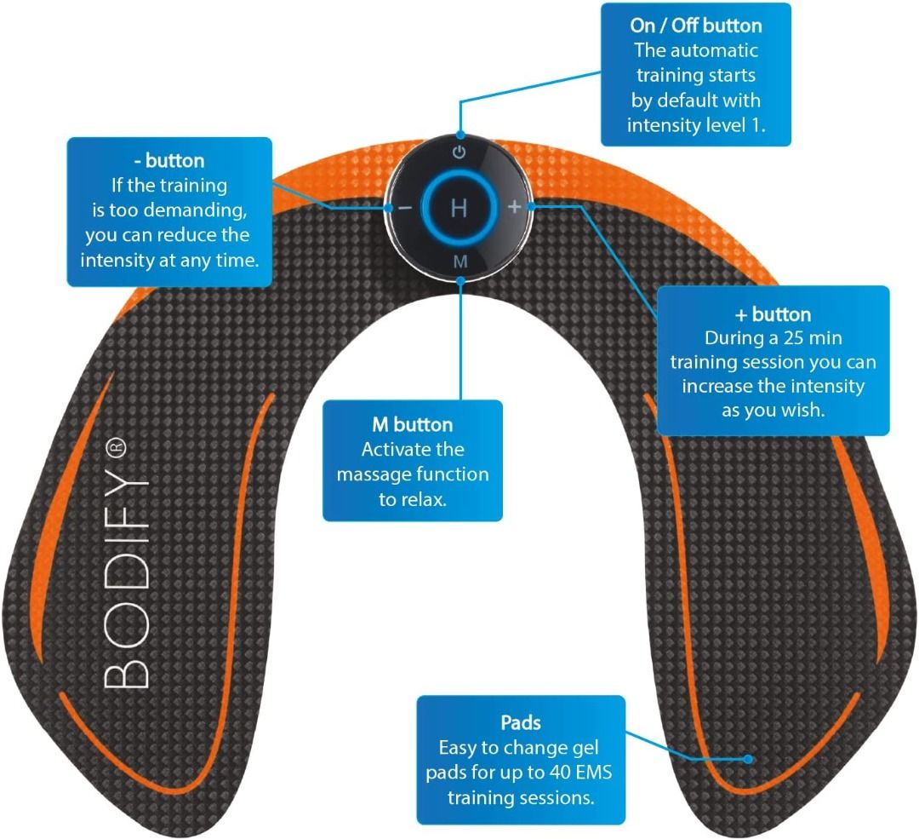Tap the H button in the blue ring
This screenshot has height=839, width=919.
click(x=459, y=208)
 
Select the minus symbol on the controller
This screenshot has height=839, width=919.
click(x=405, y=208)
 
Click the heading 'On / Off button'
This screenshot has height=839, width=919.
click(x=696, y=26)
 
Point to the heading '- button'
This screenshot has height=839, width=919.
click(x=169, y=161)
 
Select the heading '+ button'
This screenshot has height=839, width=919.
click(x=773, y=314)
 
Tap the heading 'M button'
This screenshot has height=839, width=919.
click(x=413, y=424)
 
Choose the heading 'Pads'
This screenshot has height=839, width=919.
click(x=521, y=723)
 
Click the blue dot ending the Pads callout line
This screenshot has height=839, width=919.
click(x=748, y=758)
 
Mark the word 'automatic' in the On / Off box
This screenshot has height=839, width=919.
click(x=706, y=51)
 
